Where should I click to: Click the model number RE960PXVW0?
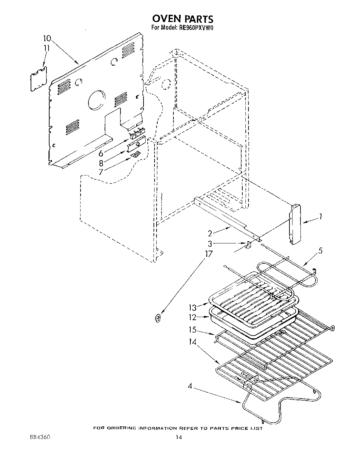click(x=195, y=29)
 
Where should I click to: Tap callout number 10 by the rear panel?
click(x=47, y=38)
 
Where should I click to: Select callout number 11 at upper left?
click(x=46, y=48)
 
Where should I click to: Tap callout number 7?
click(x=100, y=172)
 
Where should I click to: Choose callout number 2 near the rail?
click(x=210, y=233)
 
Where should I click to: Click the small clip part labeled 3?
click(x=248, y=244)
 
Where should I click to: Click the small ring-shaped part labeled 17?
click(x=158, y=318)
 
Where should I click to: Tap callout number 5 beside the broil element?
click(x=320, y=251)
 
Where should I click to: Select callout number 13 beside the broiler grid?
click(x=193, y=307)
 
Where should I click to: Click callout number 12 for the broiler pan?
click(x=193, y=317)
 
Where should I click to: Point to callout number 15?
click(x=193, y=330)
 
